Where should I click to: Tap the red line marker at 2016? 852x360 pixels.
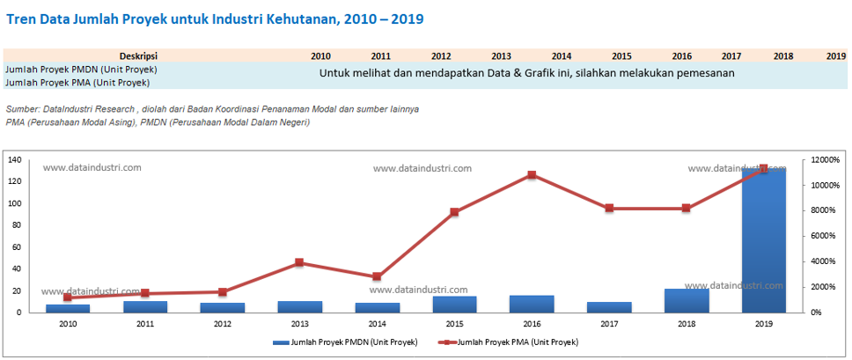(532, 175)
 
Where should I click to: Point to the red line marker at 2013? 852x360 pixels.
(299, 262)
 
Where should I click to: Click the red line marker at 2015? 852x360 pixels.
(454, 212)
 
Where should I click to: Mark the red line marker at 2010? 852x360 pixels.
(67, 298)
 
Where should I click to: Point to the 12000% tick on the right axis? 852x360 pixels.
(826, 160)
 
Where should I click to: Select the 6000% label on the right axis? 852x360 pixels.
(824, 236)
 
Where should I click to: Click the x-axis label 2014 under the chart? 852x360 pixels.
(377, 325)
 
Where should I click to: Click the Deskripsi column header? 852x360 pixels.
(138, 55)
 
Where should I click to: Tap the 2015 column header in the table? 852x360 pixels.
(621, 55)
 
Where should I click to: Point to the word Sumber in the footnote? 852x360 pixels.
(22, 109)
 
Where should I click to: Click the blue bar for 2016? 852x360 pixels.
(532, 304)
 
